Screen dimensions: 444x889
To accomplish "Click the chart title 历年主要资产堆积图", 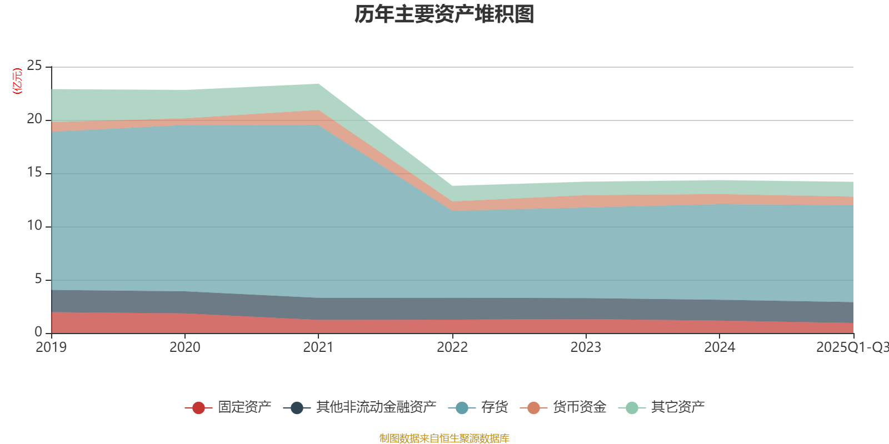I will point(444,14).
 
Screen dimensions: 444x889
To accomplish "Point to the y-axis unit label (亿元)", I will point(17,81).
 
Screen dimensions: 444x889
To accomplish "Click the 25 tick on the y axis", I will point(34,66).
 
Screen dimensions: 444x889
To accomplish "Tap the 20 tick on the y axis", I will point(34,119).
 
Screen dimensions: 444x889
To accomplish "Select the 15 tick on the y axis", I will point(34,173).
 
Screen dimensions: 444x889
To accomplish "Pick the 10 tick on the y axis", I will point(34,226).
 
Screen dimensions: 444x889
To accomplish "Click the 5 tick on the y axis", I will point(38,279).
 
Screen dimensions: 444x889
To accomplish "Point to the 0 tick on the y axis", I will point(38,332).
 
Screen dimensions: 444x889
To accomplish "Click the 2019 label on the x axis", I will point(51,347).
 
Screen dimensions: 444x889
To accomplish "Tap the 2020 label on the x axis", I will point(184,347).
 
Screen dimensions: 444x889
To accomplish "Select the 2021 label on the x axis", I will point(318,347).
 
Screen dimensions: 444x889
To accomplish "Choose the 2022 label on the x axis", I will point(452,347).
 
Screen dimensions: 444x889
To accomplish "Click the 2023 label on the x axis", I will point(586,347).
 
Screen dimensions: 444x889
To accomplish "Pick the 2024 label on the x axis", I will point(720,347).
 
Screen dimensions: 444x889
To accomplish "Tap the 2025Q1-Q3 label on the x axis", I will point(851,347).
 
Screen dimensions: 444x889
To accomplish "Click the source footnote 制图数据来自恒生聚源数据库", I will point(444,438).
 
